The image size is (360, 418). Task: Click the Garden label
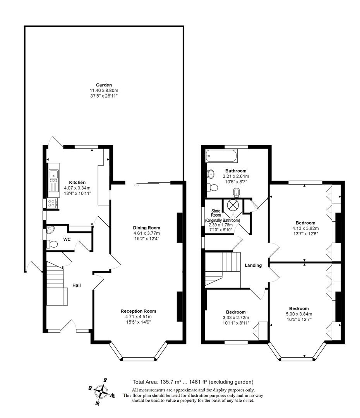[104, 85]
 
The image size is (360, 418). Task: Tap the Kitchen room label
[77, 183]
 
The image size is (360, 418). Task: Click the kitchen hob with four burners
[51, 204]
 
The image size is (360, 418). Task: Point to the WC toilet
[52, 244]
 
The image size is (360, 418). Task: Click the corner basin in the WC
[50, 230]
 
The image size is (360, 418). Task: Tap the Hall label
[77, 285]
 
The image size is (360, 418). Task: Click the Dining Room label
[147, 228]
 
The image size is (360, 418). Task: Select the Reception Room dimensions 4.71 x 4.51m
[139, 317]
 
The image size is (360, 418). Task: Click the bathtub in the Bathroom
[221, 156]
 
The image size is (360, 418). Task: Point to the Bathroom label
[236, 171]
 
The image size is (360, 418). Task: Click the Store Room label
[216, 213]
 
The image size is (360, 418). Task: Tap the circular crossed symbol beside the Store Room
[232, 205]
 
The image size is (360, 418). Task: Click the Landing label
[253, 265]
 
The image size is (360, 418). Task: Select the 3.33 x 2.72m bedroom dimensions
[236, 317]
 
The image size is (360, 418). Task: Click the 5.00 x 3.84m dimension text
[299, 314]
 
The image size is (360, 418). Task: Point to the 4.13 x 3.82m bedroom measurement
[305, 228]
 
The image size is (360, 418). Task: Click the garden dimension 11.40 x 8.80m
[104, 90]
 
